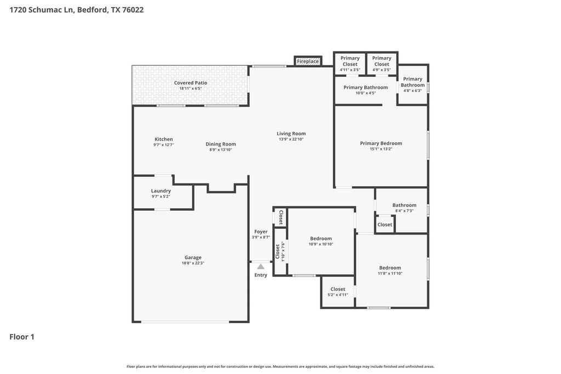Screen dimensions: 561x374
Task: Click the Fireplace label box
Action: coord(308,61)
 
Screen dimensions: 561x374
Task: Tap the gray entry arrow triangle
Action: coord(261,266)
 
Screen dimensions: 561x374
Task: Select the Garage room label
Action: coord(193,257)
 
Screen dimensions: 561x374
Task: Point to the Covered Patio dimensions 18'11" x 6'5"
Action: coord(191,88)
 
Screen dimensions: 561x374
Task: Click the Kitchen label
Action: coord(163,139)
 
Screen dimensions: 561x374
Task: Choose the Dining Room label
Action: coord(221,144)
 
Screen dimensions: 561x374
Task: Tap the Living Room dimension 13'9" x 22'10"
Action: coord(291,139)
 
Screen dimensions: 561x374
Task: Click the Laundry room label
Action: coord(161,191)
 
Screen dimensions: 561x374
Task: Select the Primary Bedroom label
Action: coord(381,143)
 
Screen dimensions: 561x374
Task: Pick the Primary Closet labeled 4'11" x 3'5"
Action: coord(350,64)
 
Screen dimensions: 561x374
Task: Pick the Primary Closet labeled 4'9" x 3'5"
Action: coord(381,64)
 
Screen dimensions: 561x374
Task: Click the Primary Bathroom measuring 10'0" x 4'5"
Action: coord(365,90)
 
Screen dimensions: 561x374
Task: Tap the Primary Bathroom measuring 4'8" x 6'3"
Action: coord(413,85)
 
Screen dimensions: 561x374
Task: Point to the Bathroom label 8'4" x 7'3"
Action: coord(404,208)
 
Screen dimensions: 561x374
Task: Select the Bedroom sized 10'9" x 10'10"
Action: coord(321,241)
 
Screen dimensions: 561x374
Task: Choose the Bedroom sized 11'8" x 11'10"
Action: coord(390,271)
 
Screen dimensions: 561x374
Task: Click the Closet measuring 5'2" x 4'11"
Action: coord(337,292)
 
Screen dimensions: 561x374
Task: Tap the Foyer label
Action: coord(261,232)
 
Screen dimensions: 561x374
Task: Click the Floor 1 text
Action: coord(22,337)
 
